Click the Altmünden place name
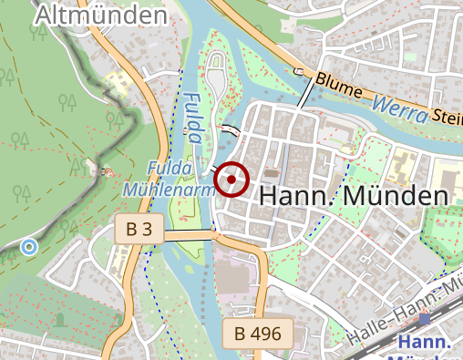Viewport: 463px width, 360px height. [101, 15]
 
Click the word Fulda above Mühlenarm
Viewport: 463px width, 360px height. [170, 169]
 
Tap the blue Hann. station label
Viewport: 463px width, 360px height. [427, 342]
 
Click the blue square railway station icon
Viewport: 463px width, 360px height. [423, 319]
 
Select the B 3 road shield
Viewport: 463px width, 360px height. [139, 231]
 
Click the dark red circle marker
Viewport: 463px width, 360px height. [231, 180]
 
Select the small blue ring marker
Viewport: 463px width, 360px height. [29, 246]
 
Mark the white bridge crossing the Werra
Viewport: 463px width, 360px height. [306, 93]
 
